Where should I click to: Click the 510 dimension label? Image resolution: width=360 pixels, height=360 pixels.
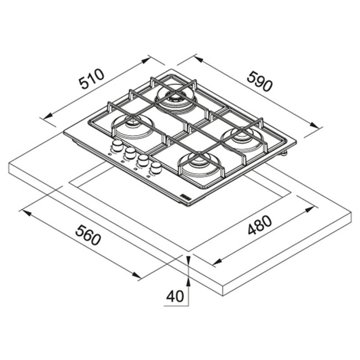coord(91,79)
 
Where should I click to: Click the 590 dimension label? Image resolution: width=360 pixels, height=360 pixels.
coord(260,81)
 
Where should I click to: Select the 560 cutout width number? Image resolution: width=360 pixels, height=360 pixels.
coord(88,235)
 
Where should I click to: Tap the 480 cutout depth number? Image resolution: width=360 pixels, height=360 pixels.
coord(260,225)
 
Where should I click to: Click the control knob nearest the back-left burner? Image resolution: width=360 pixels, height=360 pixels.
coord(117,145)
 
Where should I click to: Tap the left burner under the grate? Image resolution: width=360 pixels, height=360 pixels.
coord(133,126)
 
